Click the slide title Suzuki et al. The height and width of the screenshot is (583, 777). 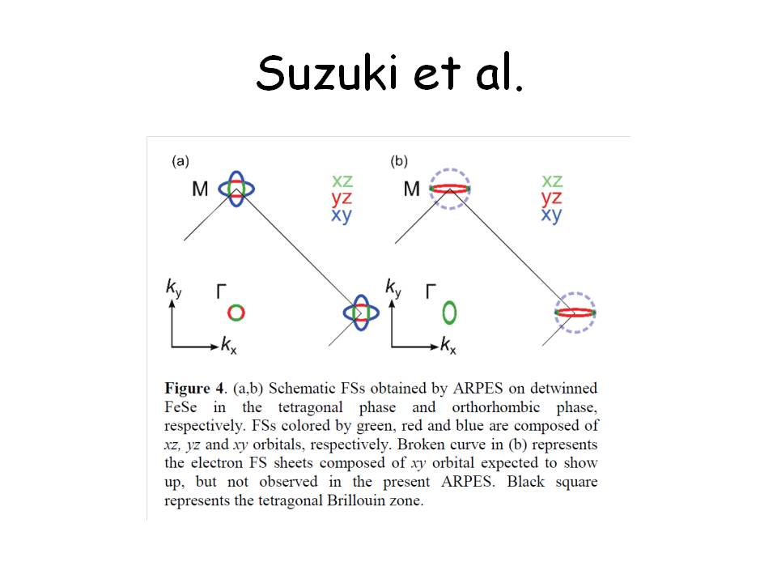[x=389, y=73]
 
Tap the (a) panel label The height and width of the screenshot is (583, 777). [x=180, y=161]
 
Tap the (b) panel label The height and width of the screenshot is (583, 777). [x=399, y=161]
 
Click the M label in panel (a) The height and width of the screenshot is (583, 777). [x=200, y=189]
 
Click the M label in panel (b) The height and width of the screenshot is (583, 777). [x=412, y=189]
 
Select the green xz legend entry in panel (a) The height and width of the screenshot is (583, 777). [x=342, y=181]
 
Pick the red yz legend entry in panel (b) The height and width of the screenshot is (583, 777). [x=551, y=198]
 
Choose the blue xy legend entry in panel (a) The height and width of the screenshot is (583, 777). [x=342, y=215]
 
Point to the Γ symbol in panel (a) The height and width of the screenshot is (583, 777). [x=222, y=291]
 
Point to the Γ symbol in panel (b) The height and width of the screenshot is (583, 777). [x=431, y=291]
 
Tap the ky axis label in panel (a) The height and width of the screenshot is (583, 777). [x=174, y=287]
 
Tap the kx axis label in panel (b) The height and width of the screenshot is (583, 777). [x=448, y=345]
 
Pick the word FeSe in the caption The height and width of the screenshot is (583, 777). [x=180, y=407]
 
